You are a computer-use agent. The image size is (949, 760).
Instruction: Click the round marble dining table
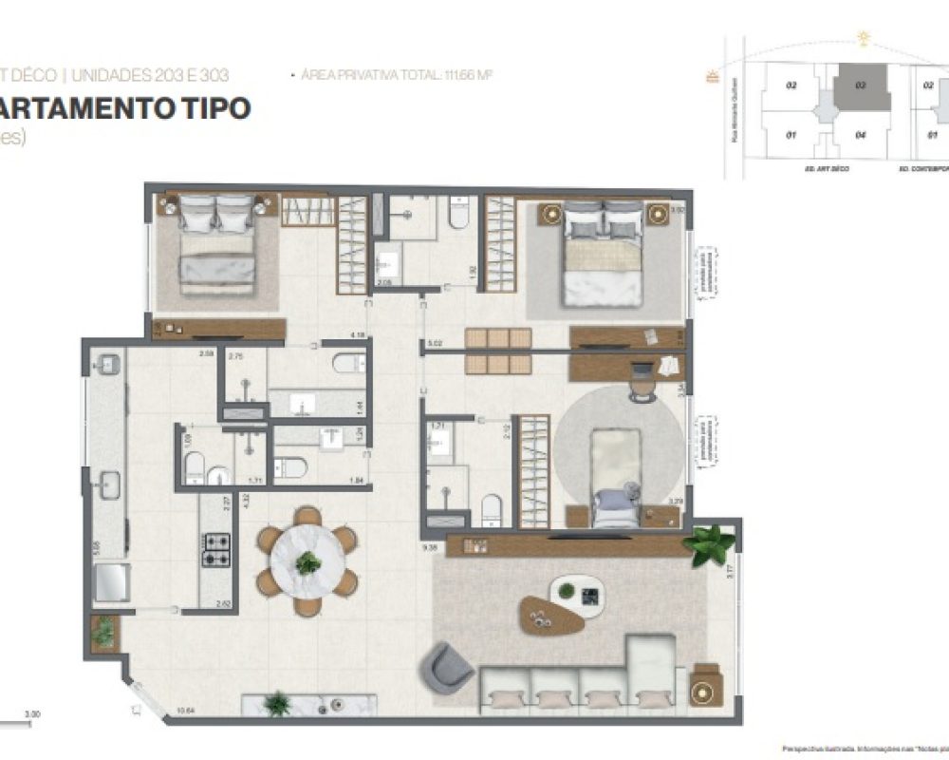click(307, 562)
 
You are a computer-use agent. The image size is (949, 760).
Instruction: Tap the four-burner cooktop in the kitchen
click(217, 549)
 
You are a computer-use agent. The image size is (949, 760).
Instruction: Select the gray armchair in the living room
click(447, 666)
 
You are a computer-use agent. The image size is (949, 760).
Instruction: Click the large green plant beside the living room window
click(711, 545)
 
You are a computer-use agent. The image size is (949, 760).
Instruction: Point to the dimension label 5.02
click(436, 343)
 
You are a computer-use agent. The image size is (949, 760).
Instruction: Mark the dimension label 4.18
click(358, 335)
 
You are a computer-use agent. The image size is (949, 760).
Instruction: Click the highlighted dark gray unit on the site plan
click(862, 92)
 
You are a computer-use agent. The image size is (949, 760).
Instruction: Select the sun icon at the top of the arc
click(864, 39)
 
